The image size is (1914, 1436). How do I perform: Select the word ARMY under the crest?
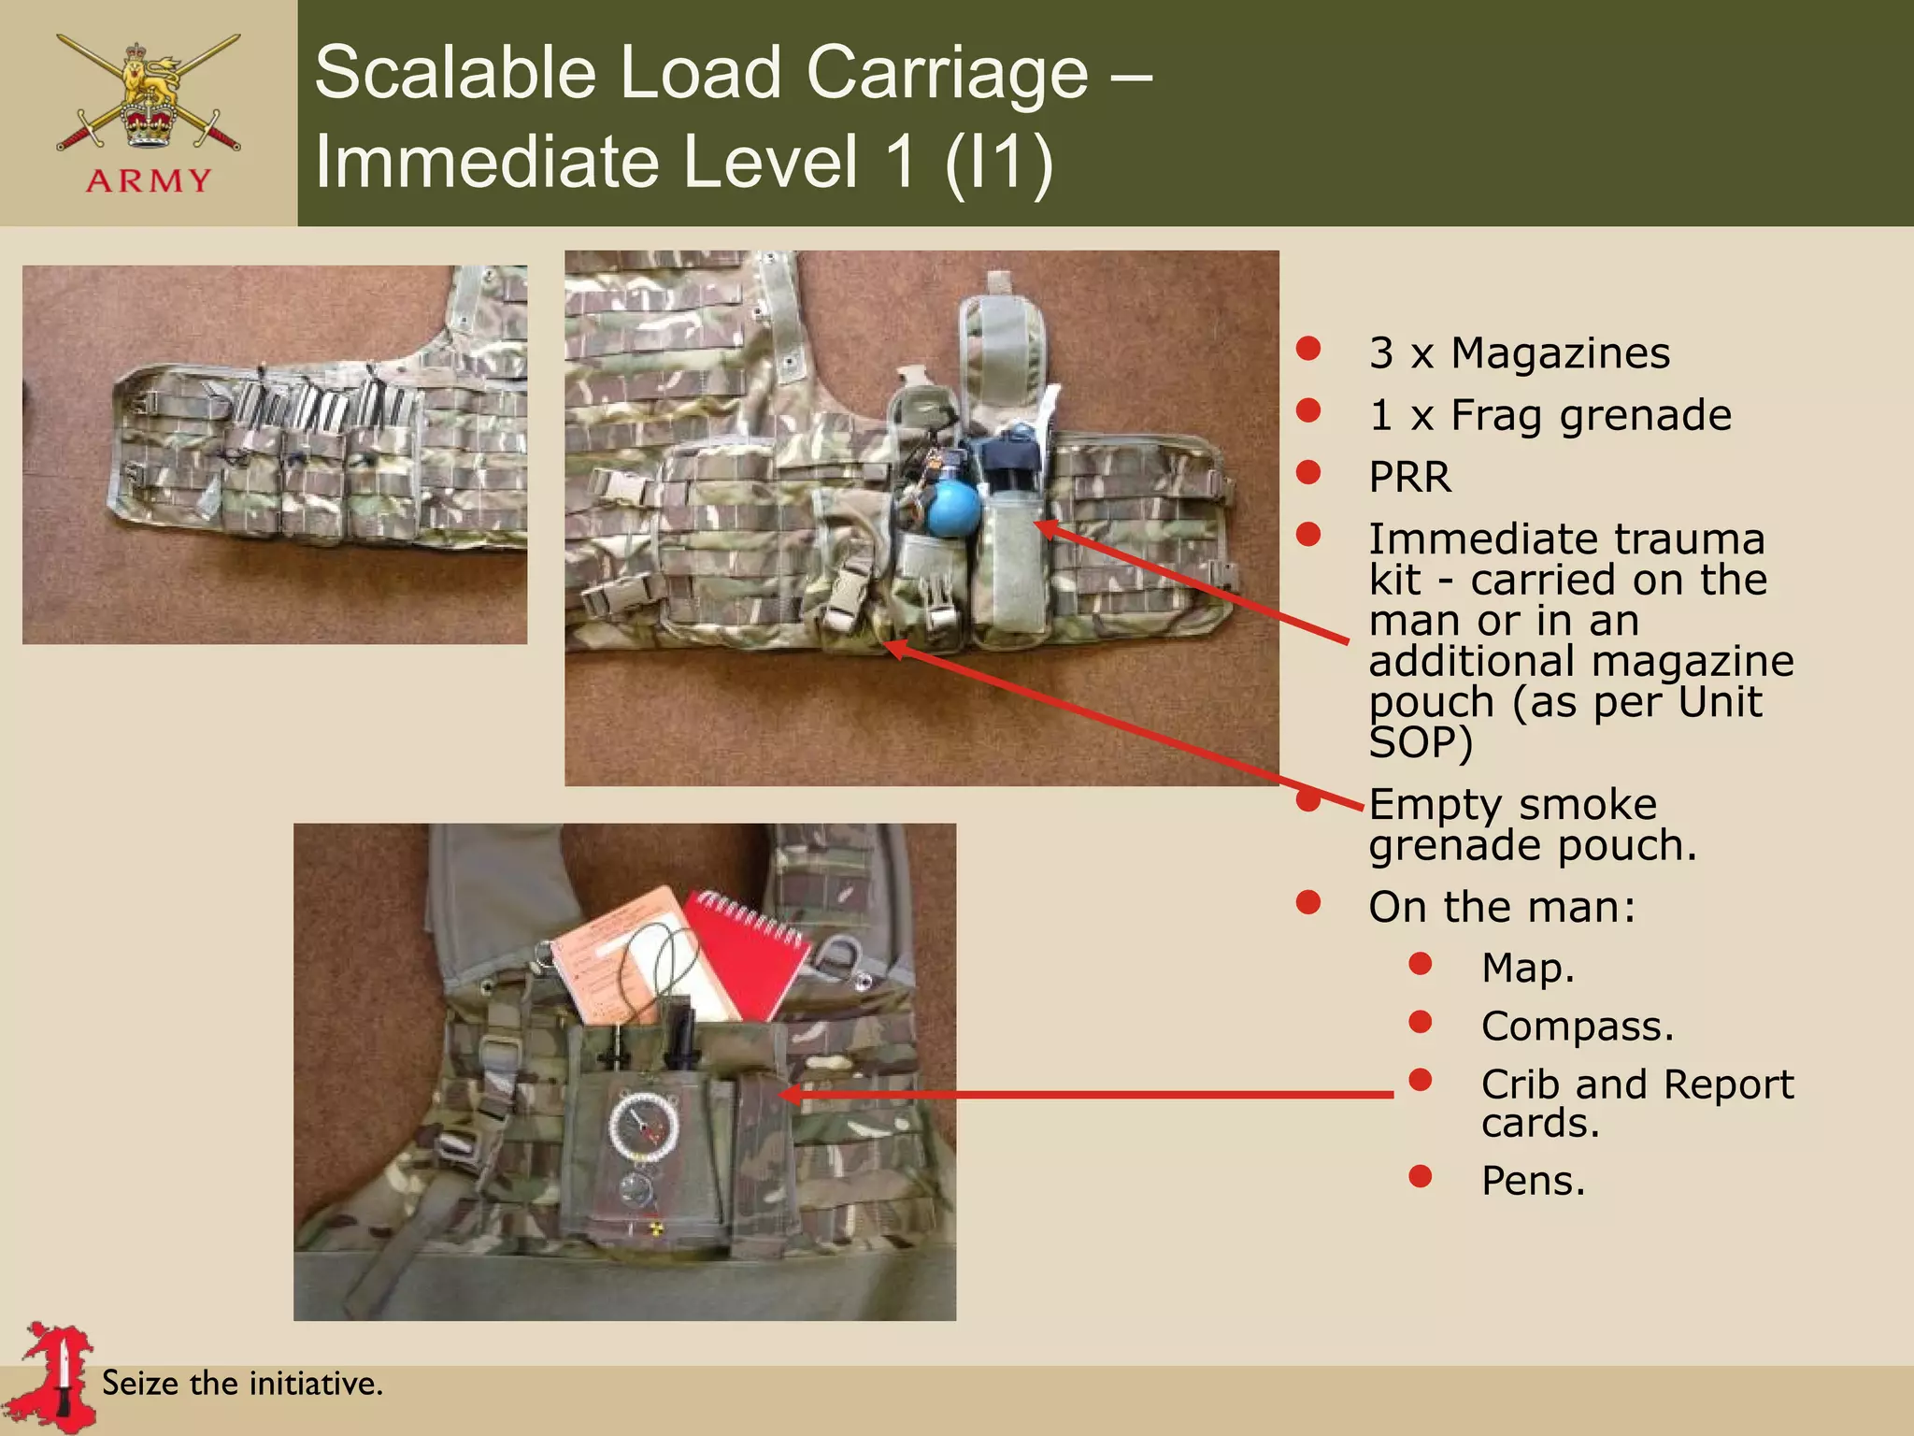[x=149, y=180]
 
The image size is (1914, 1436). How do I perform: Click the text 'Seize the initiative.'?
[x=242, y=1383]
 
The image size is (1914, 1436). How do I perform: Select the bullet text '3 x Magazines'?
[x=1519, y=353]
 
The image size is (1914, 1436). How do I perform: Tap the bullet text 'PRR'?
[x=1409, y=477]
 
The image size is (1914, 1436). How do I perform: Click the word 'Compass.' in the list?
[x=1577, y=1026]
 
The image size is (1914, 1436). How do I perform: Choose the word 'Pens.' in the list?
[x=1533, y=1180]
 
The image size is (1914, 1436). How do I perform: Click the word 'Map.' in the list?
[x=1527, y=968]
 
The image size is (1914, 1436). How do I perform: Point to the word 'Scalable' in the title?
[x=454, y=73]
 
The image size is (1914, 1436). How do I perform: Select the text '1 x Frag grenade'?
[x=1550, y=415]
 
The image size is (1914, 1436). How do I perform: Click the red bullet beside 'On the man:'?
[x=1308, y=903]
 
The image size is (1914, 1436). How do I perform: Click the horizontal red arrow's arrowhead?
[x=790, y=1094]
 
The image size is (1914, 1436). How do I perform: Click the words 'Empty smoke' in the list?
[x=1512, y=804]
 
